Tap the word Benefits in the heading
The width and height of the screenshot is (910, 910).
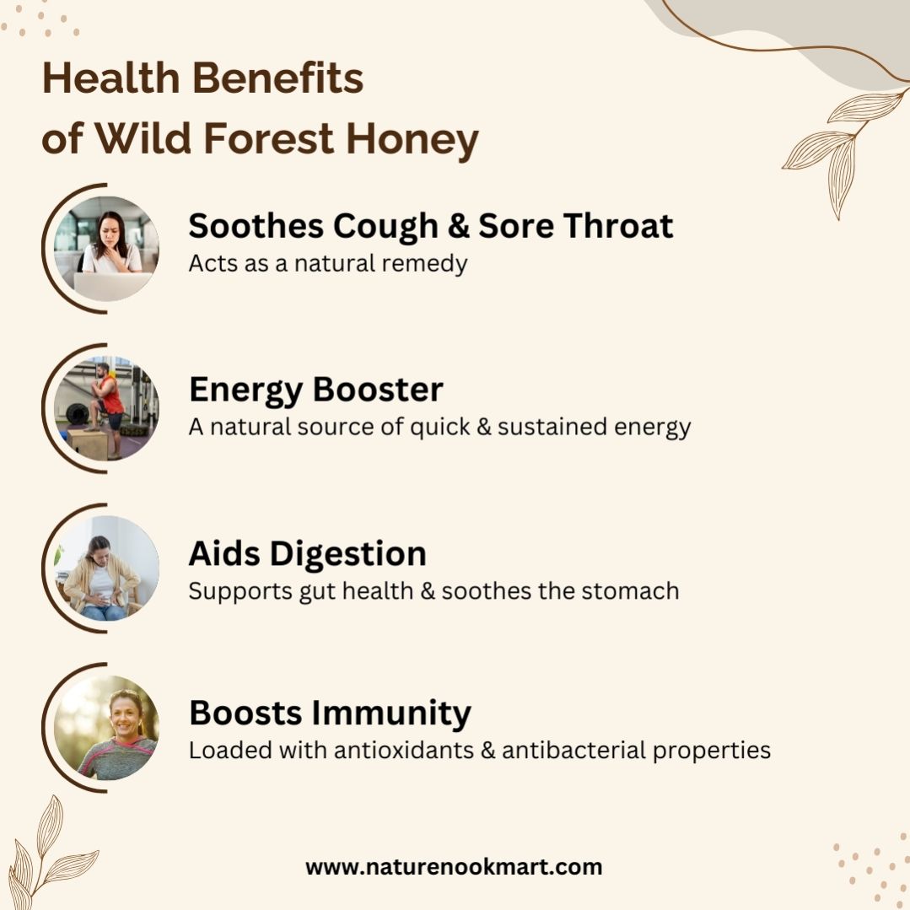(x=277, y=78)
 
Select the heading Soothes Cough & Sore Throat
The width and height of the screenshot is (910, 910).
(x=431, y=226)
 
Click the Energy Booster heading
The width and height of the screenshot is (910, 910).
(x=316, y=390)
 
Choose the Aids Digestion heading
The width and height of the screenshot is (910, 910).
(x=308, y=553)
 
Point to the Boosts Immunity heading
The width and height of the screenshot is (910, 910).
(x=331, y=713)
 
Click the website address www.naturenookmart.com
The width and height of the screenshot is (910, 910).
(x=454, y=867)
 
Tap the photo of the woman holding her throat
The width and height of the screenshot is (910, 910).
(x=106, y=249)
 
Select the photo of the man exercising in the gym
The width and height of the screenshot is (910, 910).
(x=106, y=408)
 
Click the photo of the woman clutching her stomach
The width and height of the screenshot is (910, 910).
(x=106, y=568)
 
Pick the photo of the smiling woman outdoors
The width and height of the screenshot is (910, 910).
(x=106, y=728)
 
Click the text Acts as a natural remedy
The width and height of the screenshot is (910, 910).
(x=328, y=264)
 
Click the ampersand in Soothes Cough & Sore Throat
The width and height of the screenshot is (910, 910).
(x=459, y=226)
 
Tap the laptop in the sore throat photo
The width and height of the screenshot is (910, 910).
(x=112, y=287)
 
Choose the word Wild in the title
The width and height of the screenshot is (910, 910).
(x=143, y=138)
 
